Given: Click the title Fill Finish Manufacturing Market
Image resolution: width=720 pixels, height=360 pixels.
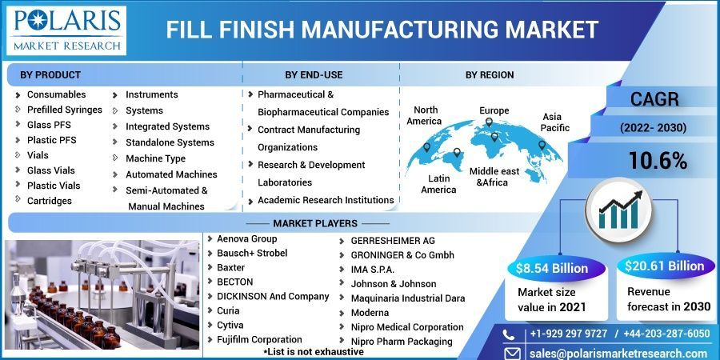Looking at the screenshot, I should [382, 30].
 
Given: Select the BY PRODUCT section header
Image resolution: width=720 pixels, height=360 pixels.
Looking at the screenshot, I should [50, 74].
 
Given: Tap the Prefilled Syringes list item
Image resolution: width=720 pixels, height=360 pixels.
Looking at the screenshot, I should [64, 110].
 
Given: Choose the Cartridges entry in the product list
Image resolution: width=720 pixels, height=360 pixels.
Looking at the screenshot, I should [49, 201].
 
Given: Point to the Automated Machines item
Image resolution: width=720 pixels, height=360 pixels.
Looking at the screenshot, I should [170, 174].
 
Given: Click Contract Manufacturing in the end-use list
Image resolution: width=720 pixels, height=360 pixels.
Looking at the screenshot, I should [308, 130].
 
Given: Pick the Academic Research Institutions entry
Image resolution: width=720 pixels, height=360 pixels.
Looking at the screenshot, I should [325, 200].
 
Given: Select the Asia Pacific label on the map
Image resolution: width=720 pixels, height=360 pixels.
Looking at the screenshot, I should [555, 122].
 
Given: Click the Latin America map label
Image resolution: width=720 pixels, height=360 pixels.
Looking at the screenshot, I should [438, 183].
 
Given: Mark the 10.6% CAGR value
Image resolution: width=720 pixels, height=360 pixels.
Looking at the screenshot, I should [658, 161].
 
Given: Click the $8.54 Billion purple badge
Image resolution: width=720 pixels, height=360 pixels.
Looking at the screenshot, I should [551, 267].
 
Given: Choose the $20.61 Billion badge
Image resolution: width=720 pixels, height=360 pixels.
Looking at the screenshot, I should [664, 266].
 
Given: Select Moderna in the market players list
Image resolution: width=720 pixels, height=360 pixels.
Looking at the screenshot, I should [370, 312].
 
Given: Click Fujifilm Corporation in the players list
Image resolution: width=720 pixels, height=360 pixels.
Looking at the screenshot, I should [259, 339].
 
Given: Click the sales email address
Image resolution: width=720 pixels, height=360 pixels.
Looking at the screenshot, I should [618, 354].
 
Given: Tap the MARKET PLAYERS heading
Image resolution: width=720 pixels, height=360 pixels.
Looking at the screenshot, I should [314, 222].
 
